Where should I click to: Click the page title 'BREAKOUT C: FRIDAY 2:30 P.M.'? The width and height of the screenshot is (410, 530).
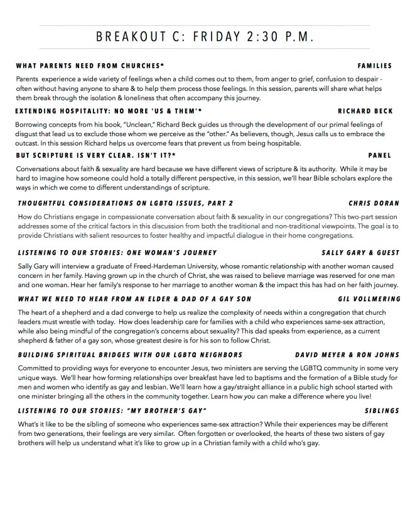pos(204,38)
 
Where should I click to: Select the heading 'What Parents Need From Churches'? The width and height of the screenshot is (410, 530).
pos(90,66)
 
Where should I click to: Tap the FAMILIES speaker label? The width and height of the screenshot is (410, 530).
pos(374,66)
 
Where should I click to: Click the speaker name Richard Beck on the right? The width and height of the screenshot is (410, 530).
pos(365,111)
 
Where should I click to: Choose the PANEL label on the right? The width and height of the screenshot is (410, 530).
pos(380,156)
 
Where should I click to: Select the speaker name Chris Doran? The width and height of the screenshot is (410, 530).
pos(374,203)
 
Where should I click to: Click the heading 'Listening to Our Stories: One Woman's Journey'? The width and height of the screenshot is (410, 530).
pos(117,252)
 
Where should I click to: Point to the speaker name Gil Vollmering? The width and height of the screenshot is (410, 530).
pos(369,299)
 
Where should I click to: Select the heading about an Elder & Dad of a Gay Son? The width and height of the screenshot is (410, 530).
pos(134,299)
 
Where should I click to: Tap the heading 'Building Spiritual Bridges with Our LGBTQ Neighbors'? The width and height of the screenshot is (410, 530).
pos(130,354)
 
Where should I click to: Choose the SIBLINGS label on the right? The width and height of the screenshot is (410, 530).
pos(382,411)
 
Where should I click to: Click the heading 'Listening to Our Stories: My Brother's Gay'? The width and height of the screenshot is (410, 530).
pos(109,411)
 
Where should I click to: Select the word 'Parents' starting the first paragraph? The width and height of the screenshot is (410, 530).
pos(28,79)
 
